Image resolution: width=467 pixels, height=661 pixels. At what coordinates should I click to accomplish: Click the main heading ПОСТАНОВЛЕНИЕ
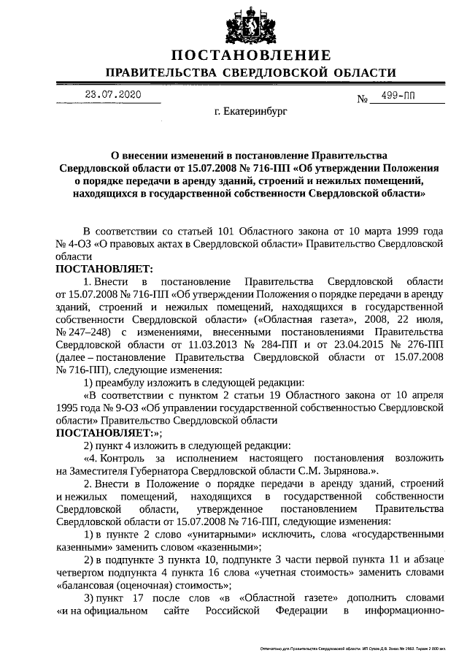point(251,56)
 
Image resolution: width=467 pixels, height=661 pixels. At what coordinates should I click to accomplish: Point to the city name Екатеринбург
point(252,113)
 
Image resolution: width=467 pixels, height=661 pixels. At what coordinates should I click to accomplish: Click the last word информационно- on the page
point(404,609)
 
